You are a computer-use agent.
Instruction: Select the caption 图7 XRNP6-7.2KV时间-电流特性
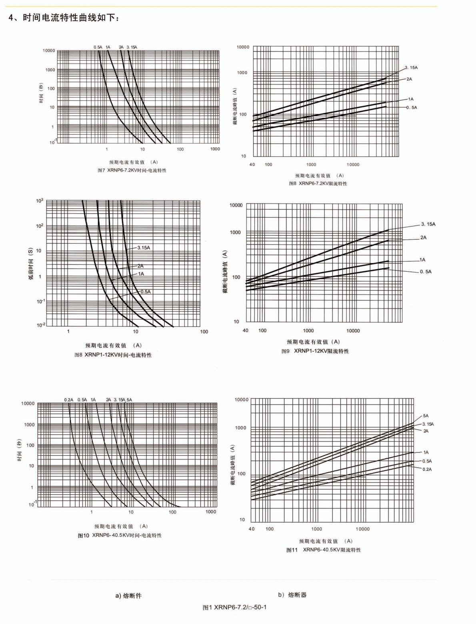point(132,170)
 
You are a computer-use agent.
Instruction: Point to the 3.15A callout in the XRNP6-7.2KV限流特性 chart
point(411,68)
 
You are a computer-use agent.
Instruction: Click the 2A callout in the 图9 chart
point(423,238)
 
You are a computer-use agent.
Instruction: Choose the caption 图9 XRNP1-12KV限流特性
point(315,351)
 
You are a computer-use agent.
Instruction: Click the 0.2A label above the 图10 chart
point(68,400)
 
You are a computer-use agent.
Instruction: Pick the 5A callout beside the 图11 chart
point(426,416)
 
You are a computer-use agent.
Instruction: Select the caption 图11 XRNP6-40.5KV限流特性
point(323,550)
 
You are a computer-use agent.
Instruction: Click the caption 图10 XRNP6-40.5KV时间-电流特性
point(120,536)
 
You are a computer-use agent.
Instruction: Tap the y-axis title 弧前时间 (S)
point(30,264)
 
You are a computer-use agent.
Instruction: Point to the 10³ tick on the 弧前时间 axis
point(39,200)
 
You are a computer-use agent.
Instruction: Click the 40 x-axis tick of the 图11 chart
point(251,529)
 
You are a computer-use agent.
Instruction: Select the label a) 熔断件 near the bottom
point(128,596)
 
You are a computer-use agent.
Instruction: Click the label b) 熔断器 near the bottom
point(292,595)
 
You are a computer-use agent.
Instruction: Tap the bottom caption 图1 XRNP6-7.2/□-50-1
point(234,607)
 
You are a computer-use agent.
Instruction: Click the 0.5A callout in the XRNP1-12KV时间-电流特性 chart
point(145,292)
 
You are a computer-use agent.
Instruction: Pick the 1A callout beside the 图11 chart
point(426,452)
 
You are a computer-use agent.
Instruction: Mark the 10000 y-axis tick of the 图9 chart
point(236,205)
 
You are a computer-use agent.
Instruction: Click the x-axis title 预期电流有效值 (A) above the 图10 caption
point(121,526)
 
